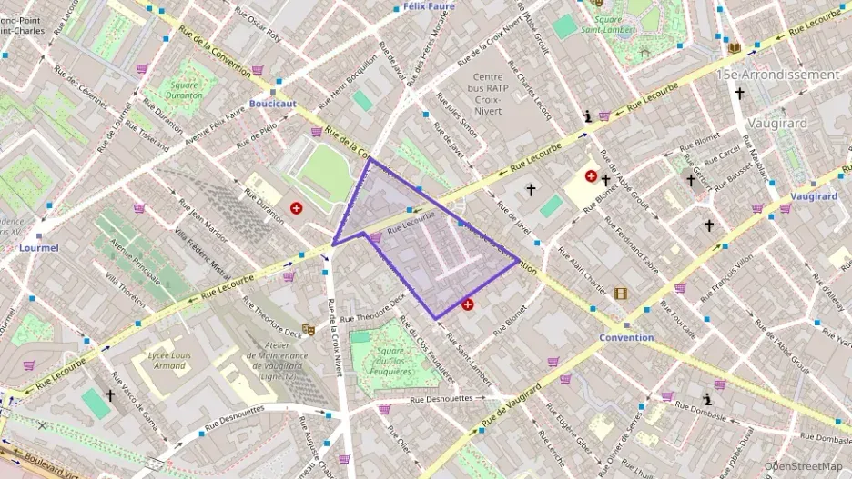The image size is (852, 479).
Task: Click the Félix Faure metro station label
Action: [x=428, y=6]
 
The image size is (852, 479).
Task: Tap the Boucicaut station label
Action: [x=272, y=104]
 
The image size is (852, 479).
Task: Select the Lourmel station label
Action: [x=39, y=247]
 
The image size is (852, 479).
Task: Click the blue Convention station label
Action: [x=626, y=337]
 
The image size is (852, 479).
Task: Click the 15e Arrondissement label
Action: [x=777, y=75]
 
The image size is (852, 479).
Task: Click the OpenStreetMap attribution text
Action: [x=802, y=466]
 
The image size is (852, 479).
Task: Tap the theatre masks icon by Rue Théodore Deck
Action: [x=309, y=329]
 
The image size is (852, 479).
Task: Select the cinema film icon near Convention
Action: [x=621, y=294]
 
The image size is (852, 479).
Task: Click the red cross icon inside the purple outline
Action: [x=468, y=304]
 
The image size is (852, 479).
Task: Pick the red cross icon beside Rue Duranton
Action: [x=296, y=208]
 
